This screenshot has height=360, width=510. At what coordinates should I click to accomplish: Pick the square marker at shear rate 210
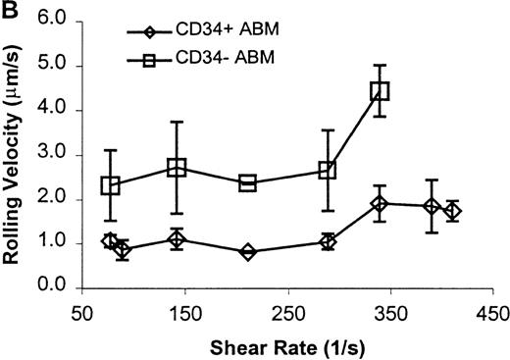click(x=247, y=182)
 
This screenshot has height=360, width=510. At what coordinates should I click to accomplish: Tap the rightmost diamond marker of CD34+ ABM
click(x=452, y=211)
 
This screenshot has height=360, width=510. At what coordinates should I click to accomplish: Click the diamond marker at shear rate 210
click(x=247, y=252)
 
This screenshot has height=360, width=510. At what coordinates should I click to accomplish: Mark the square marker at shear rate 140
click(x=177, y=168)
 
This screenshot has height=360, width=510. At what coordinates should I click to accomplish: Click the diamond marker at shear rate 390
click(x=431, y=206)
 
